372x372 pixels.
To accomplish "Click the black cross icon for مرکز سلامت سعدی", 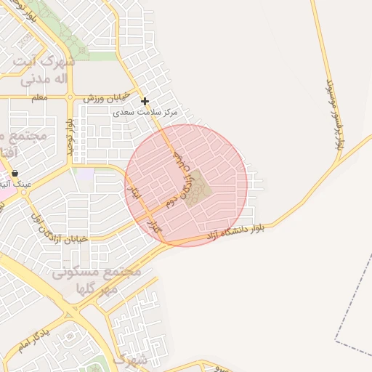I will click(145, 101).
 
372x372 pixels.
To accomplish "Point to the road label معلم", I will click(40, 97).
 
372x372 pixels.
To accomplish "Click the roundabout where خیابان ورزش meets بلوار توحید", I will click(70, 97).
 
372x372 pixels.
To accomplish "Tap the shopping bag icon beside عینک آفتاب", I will click(15, 173).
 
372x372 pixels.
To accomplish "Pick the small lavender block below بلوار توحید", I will click(86, 175).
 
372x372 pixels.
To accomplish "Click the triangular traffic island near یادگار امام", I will click(70, 314).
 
